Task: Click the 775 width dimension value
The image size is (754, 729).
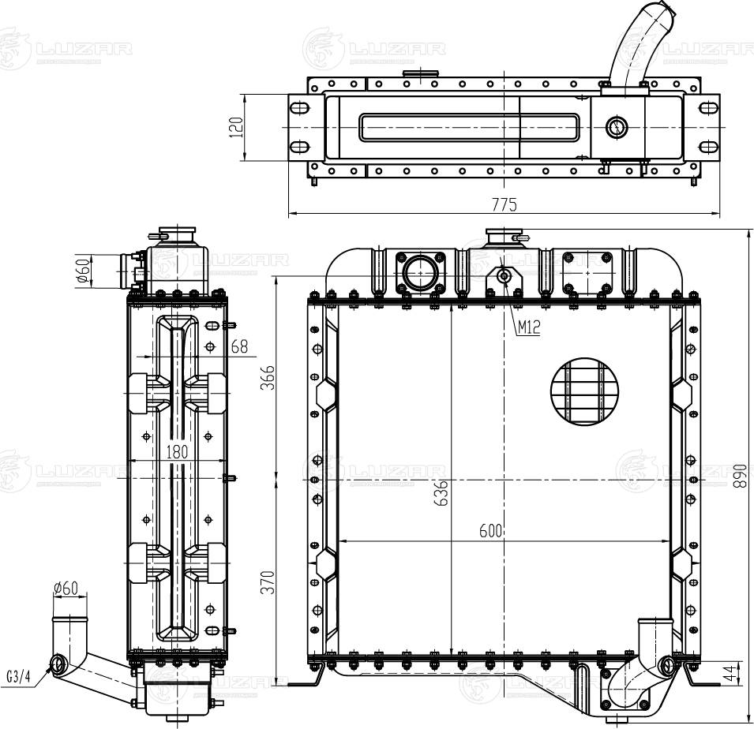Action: point(504,204)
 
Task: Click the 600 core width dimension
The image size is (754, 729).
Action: point(491,532)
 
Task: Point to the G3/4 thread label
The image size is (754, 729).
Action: point(18,676)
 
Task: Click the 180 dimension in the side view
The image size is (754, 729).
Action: point(177,451)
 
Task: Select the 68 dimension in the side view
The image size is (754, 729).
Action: point(239,346)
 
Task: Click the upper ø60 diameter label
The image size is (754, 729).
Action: point(82,271)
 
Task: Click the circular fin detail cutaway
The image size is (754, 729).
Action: point(585,391)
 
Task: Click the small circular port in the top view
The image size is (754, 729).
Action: point(615,126)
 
